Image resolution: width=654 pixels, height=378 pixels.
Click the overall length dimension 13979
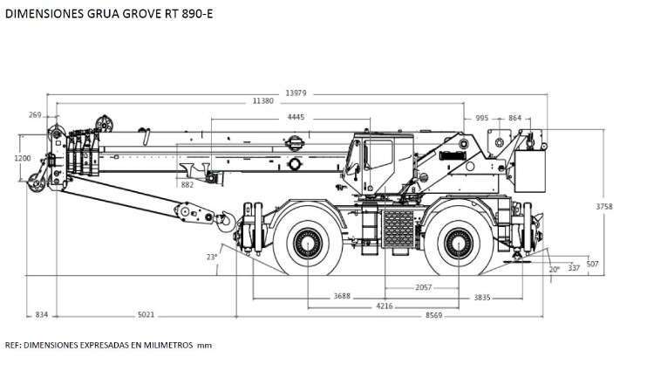click(x=296, y=93)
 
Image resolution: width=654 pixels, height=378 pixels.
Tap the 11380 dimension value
click(x=263, y=100)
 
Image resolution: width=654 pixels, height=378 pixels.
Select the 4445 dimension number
click(x=296, y=117)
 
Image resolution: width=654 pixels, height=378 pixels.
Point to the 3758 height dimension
click(x=604, y=206)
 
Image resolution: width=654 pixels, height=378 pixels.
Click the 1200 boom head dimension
click(x=23, y=158)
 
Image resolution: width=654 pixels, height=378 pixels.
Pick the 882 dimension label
click(x=187, y=184)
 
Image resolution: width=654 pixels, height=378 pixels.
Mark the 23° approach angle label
click(x=212, y=257)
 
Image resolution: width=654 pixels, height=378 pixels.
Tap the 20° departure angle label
click(x=555, y=270)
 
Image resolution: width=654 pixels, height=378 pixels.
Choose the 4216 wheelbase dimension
click(x=385, y=306)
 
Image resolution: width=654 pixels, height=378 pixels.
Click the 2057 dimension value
click(x=423, y=287)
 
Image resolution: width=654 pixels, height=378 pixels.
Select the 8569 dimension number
click(x=433, y=315)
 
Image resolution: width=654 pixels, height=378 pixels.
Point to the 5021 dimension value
click(x=146, y=314)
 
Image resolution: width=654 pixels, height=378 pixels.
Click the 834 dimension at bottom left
click(x=41, y=314)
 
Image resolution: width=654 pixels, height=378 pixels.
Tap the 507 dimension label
click(x=592, y=264)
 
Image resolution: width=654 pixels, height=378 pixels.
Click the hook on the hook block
click(x=226, y=222)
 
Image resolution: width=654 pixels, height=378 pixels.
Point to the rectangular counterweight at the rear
click(x=530, y=171)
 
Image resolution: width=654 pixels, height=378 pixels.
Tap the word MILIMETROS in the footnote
click(x=168, y=345)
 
